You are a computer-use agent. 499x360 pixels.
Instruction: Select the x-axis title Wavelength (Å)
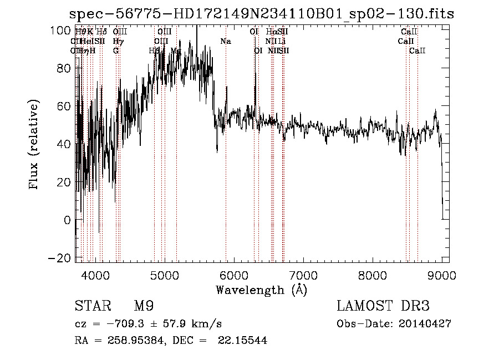click(261, 290)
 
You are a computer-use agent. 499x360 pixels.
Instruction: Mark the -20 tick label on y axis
click(59, 258)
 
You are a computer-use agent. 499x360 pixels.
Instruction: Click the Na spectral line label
click(226, 41)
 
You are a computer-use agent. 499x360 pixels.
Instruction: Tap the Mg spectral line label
click(176, 50)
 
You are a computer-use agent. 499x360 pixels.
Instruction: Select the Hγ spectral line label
click(118, 41)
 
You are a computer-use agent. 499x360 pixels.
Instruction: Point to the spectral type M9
click(144, 307)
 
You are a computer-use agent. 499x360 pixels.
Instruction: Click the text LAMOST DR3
click(383, 307)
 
